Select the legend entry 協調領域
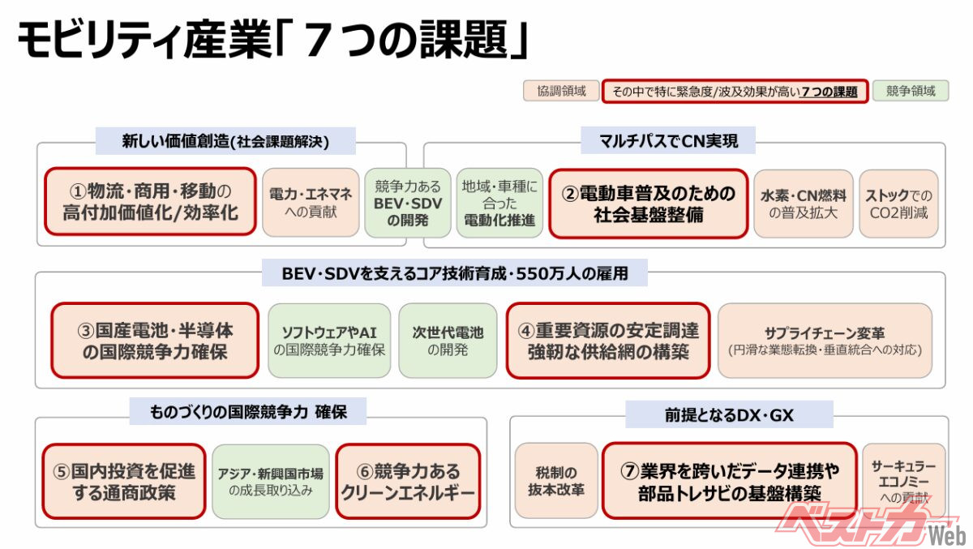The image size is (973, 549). tap(560, 91)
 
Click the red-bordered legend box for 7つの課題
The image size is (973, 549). tap(735, 91)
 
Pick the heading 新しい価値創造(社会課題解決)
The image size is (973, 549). tap(225, 141)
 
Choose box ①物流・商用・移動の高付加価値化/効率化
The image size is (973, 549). tap(149, 202)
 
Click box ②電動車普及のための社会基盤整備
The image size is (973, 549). tap(648, 204)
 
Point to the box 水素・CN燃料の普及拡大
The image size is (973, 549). tap(803, 204)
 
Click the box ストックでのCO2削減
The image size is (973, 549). tap(898, 204)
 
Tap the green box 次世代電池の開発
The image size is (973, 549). tap(448, 341)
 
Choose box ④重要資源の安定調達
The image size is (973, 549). tap(608, 341)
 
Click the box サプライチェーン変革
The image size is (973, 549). tap(825, 341)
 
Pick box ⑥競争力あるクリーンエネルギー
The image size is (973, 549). tap(408, 481)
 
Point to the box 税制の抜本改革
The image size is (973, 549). tap(555, 481)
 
